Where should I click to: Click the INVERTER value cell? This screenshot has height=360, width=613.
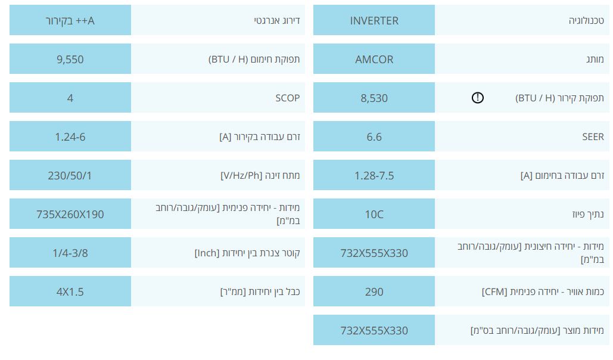click(x=374, y=20)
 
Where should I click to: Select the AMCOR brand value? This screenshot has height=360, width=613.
click(x=374, y=59)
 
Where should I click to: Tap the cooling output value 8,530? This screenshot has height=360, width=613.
click(x=374, y=98)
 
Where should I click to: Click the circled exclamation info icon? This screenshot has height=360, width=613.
click(x=477, y=97)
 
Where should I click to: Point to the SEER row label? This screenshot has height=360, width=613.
click(x=593, y=136)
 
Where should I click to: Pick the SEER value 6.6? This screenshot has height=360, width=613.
click(x=374, y=136)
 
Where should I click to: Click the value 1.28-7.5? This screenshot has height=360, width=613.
click(x=374, y=175)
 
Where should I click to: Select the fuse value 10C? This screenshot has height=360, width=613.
click(x=374, y=214)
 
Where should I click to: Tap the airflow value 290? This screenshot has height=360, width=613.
click(x=374, y=291)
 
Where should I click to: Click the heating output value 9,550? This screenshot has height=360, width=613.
click(x=70, y=59)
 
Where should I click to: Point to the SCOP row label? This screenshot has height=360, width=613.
click(x=287, y=98)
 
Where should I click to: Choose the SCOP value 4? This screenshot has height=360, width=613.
click(x=70, y=98)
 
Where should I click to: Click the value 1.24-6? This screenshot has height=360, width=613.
click(x=70, y=136)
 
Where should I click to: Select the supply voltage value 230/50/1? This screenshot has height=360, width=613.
click(x=70, y=175)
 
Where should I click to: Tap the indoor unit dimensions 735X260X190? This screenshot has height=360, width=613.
click(x=70, y=214)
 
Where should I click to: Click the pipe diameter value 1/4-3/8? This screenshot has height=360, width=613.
click(x=70, y=253)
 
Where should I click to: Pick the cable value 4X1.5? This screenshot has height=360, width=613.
click(x=70, y=291)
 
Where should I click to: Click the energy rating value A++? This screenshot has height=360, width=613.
click(x=70, y=20)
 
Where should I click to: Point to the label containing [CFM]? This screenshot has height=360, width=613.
click(x=543, y=291)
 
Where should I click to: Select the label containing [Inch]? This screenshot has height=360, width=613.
click(x=247, y=253)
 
